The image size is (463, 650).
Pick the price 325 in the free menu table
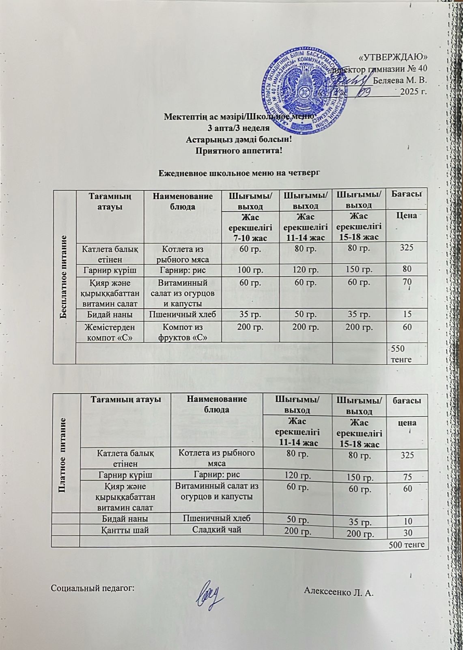407,247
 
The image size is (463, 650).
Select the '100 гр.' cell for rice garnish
251,269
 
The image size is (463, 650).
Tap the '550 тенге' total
401,354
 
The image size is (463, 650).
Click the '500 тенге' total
406,544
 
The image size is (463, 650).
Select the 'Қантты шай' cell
124,530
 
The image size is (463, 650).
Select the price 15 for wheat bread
407,314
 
